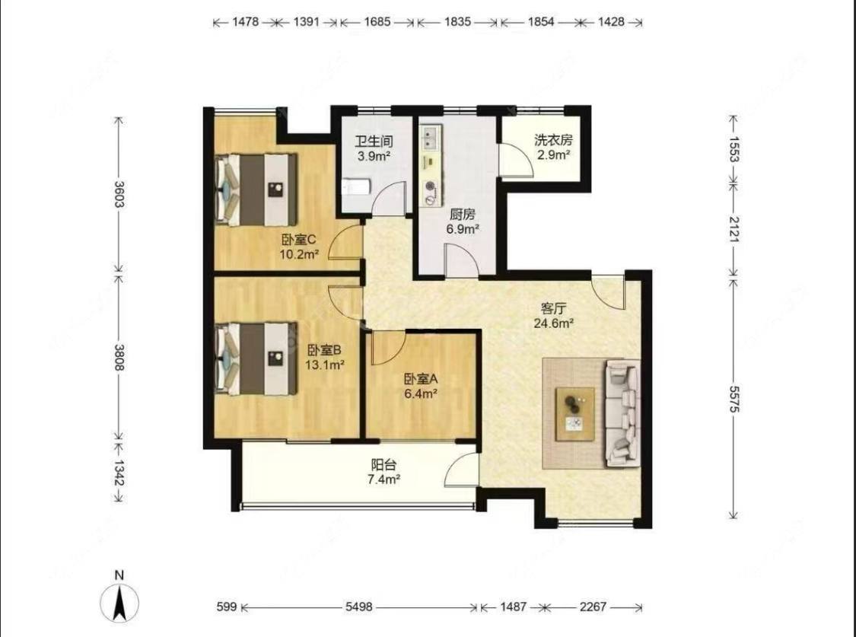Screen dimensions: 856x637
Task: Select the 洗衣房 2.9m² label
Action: coord(554,148)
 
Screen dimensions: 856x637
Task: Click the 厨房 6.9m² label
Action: coord(463,221)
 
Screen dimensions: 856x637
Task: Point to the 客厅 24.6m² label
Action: coord(554,316)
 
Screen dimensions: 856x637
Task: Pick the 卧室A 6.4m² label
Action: coord(421,386)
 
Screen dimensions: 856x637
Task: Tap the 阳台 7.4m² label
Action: coord(383,472)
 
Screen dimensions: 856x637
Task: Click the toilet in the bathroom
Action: coord(356,187)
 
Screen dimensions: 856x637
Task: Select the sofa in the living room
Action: coord(622,413)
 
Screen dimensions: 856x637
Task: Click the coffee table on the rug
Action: coord(575,414)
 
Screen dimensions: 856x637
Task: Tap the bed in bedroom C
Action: coord(256,190)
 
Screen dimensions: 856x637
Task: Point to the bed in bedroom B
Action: coord(256,358)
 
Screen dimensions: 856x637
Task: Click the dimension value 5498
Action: coord(358,607)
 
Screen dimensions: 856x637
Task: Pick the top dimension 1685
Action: coord(377,22)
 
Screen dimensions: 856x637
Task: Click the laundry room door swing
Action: coord(517,159)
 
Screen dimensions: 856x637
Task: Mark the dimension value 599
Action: coord(227,607)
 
